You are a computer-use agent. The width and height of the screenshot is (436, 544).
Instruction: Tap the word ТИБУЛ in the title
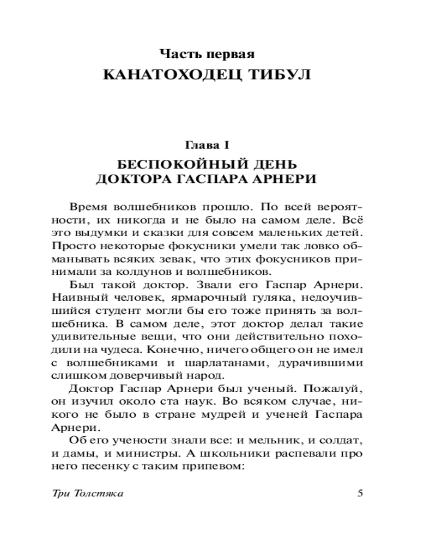click(281, 75)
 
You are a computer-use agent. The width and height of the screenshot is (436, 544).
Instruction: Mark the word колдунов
click(153, 270)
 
